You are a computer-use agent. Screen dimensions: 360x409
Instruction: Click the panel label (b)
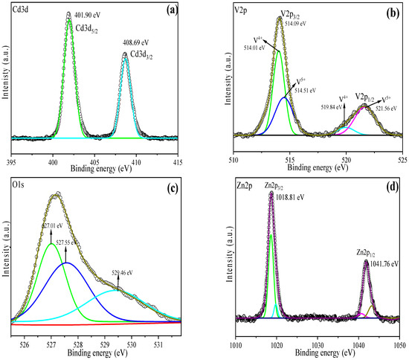tap(392, 13)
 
